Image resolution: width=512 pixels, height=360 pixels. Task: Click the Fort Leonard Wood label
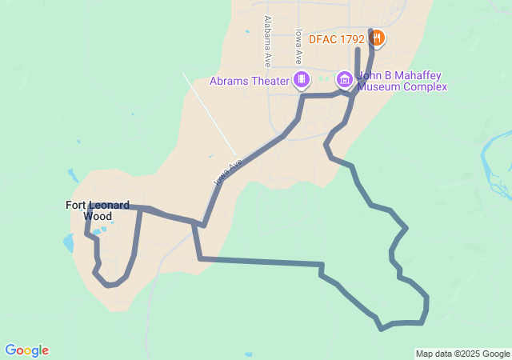97,210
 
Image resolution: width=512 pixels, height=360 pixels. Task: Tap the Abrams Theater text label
249,80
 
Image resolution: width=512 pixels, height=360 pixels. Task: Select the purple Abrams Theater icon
302,78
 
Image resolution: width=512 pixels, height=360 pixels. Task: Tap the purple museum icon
345,78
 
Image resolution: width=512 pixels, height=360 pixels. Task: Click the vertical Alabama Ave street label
267,41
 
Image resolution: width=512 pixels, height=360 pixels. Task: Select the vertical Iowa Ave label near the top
298,46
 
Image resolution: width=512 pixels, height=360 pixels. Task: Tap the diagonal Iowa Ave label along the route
228,173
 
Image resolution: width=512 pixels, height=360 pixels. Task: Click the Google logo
26,350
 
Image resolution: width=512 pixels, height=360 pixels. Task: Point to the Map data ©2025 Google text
462,354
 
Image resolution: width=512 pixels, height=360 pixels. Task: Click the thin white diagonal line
209,113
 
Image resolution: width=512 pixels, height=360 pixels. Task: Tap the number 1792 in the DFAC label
353,38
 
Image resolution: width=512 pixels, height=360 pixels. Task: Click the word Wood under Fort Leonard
98,216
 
